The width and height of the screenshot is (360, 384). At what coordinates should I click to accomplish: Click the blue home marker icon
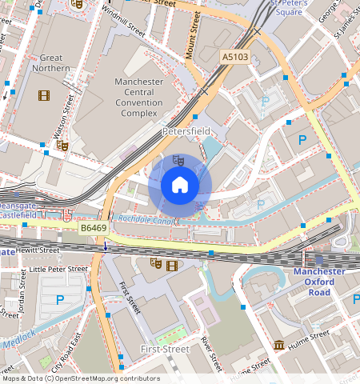coord(180,186)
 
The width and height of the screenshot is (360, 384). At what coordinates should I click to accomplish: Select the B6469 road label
coord(94,229)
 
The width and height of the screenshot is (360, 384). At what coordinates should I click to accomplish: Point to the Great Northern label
coord(51,63)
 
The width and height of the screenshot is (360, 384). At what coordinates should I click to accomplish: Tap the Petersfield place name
coord(186,130)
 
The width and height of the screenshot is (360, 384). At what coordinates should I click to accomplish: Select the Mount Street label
coord(193,36)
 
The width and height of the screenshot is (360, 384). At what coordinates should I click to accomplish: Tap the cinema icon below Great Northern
coord(43,95)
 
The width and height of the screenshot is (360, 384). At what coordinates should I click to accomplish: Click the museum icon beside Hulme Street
coord(278,345)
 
